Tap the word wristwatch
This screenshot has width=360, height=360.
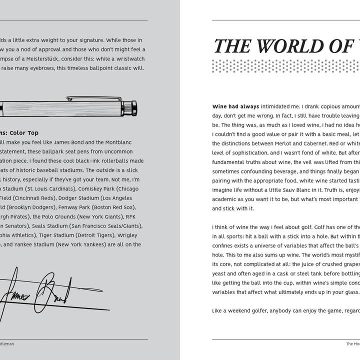(x=128, y=58)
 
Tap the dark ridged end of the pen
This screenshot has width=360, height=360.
(x=129, y=108)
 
